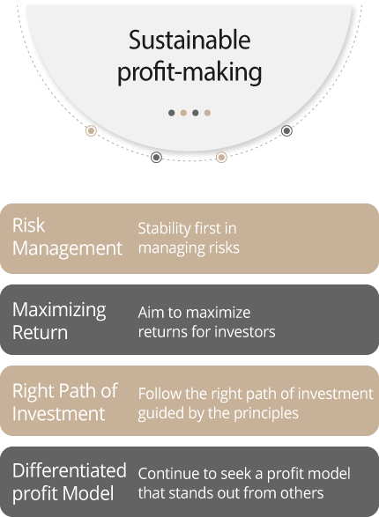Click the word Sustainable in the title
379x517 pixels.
pyautogui.click(x=189, y=40)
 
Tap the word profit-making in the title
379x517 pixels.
pyautogui.click(x=189, y=72)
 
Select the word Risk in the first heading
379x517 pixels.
pyautogui.click(x=29, y=225)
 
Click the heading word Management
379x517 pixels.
pyautogui.click(x=67, y=249)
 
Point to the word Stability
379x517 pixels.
pyautogui.click(x=165, y=228)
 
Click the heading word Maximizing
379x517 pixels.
pyautogui.click(x=59, y=311)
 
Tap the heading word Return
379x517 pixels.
pyautogui.click(x=41, y=332)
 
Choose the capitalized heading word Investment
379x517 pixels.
pyautogui.click(x=59, y=414)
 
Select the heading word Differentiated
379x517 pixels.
pyautogui.click(x=70, y=470)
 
